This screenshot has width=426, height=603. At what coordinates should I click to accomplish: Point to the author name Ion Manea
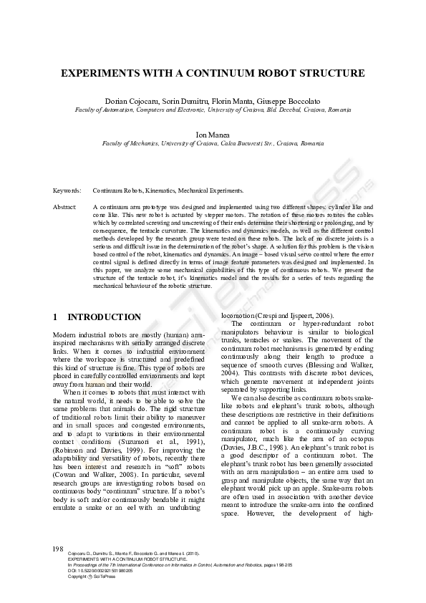pos(213,134)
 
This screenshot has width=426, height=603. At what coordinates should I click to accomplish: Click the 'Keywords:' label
pos(67,192)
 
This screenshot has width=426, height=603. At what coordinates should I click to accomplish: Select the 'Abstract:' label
pos(65,206)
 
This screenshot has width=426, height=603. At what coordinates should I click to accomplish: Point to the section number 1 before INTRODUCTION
pos(56,317)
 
